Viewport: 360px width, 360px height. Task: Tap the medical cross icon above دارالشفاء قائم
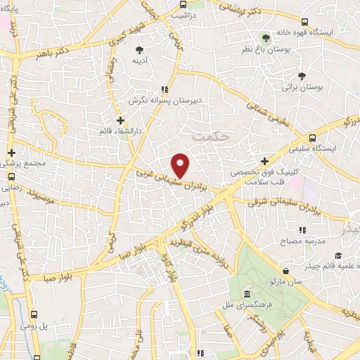120,120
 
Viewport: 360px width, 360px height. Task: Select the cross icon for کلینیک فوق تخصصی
264,160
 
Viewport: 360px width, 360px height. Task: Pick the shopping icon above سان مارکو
285,270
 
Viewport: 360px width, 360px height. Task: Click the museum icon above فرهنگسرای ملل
246,293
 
